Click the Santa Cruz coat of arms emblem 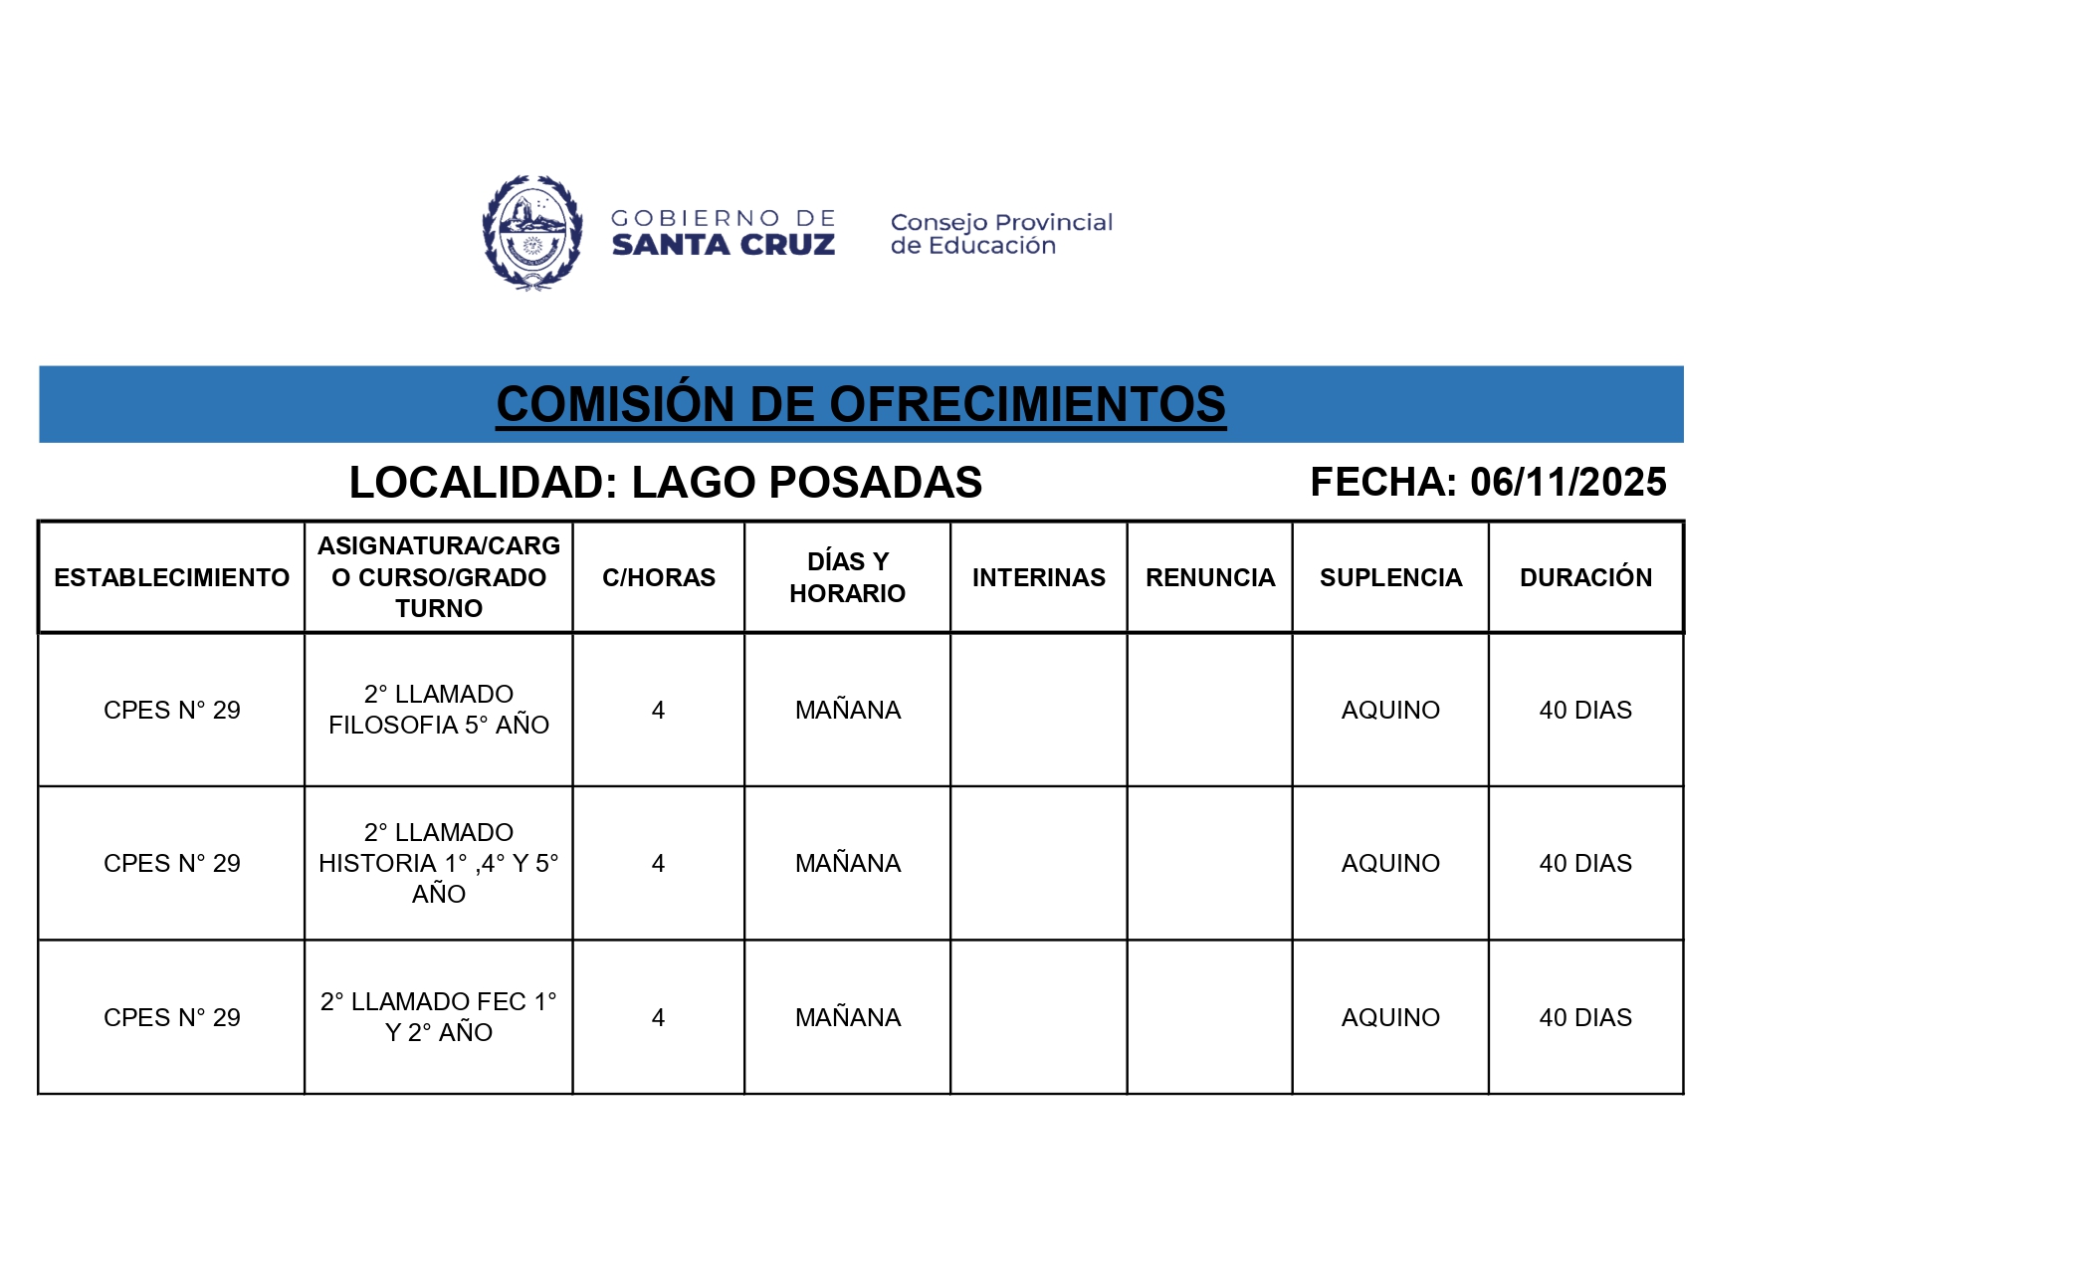[x=532, y=233]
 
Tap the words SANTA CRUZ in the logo [x=724, y=245]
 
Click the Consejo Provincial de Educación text [x=1001, y=234]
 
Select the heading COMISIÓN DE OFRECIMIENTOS [x=861, y=404]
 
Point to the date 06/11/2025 [x=1568, y=483]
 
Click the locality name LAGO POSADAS [x=807, y=483]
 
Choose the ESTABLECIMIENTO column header [x=172, y=577]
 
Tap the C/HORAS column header [x=659, y=577]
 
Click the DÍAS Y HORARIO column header [x=848, y=577]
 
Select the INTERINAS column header [x=1039, y=577]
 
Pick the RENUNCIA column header [x=1210, y=577]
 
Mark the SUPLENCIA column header [x=1391, y=577]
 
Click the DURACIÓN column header [x=1586, y=577]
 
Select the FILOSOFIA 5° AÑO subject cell [x=439, y=710]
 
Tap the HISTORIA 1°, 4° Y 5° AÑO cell [x=439, y=863]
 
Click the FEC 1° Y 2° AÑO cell [x=439, y=1017]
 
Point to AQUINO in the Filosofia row [x=1391, y=710]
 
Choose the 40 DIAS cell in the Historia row [x=1586, y=863]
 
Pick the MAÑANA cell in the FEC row [x=848, y=1017]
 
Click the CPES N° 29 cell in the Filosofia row [x=172, y=710]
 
